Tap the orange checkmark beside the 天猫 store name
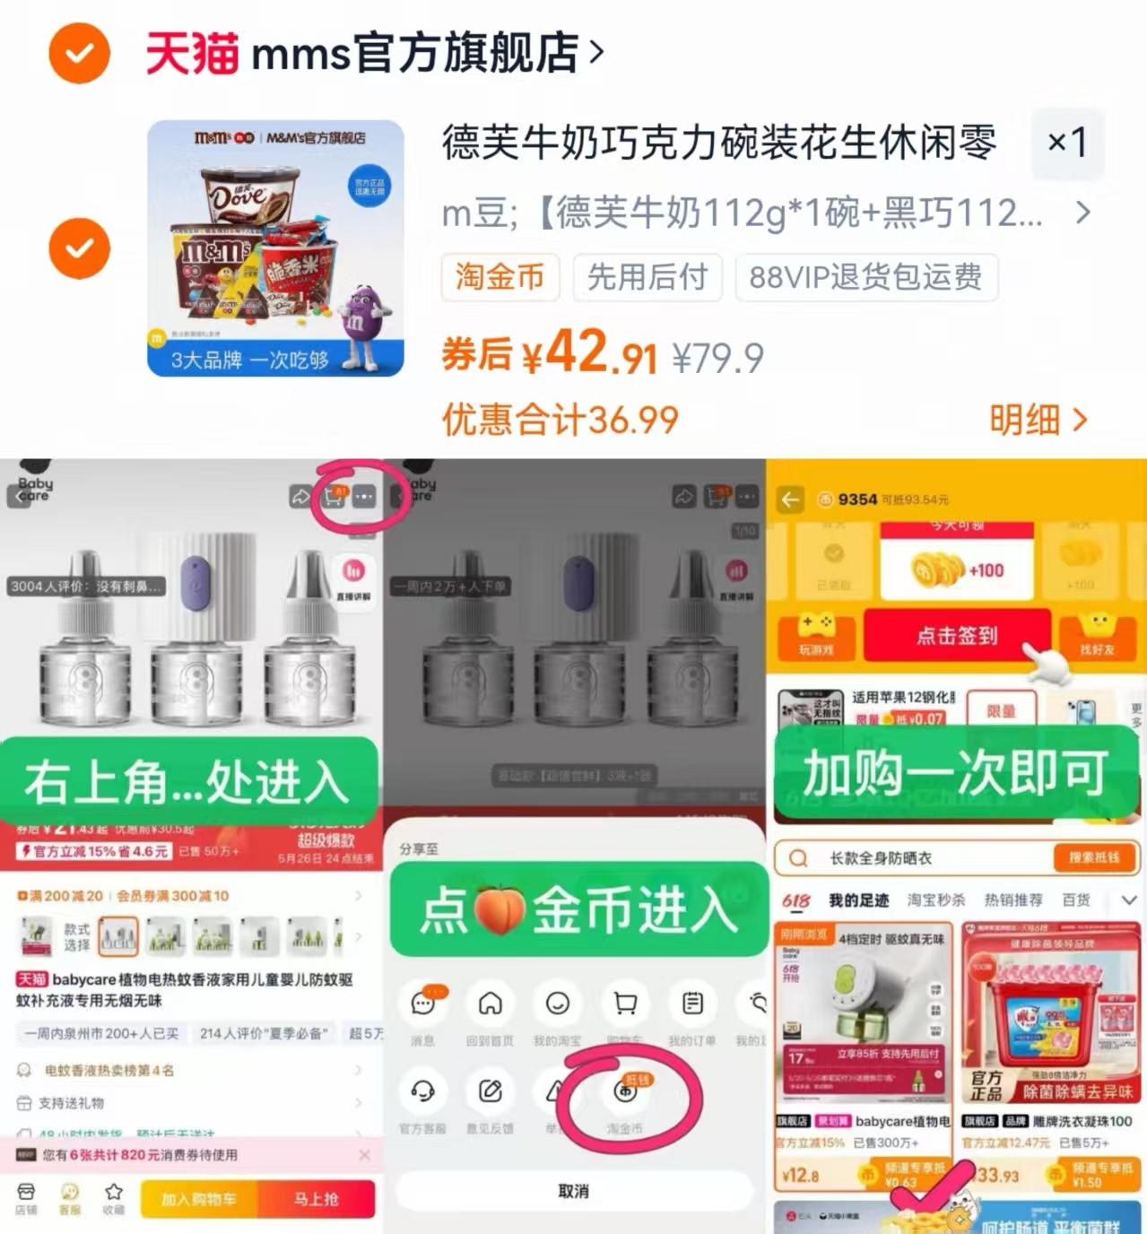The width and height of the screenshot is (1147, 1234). tap(79, 54)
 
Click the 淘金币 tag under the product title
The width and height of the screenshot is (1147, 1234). tap(500, 277)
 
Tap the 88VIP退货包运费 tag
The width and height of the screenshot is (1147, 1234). tap(865, 277)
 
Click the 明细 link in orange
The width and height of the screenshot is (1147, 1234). tap(1038, 420)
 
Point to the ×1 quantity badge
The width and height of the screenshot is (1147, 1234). tap(1067, 142)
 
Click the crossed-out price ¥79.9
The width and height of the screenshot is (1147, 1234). tap(717, 359)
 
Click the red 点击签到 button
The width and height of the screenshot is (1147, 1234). tap(956, 636)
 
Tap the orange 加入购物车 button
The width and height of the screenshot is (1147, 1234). tap(199, 1199)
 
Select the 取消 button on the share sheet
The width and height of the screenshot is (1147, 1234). tap(573, 1191)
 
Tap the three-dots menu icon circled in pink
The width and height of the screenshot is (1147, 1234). tap(364, 496)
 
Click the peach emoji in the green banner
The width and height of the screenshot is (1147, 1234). tap(499, 909)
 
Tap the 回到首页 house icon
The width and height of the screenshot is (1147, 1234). tap(490, 1004)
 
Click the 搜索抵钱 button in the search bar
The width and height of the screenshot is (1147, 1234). tap(1094, 857)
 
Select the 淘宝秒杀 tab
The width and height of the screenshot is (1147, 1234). tap(935, 899)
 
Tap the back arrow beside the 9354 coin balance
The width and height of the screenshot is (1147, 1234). tap(790, 500)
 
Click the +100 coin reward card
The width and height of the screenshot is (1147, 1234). tap(957, 570)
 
